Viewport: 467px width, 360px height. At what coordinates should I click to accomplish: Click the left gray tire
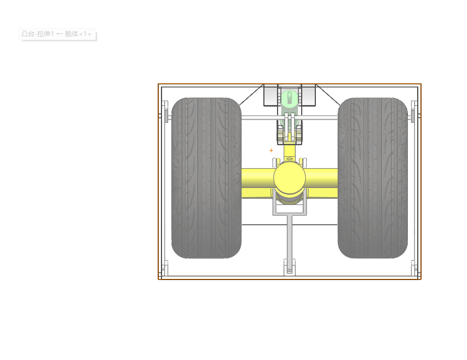point(206,178)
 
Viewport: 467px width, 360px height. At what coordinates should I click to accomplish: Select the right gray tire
point(373,178)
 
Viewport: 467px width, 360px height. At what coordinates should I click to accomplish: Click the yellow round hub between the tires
point(290,178)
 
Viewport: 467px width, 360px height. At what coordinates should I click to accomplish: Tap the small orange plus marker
point(271,151)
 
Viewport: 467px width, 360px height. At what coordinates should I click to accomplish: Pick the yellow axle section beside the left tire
point(258,183)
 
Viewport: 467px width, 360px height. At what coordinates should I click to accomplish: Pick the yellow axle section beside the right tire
point(322,183)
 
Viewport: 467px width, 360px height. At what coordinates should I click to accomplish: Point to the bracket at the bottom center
point(290,267)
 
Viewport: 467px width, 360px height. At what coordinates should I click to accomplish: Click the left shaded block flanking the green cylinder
point(271,95)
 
